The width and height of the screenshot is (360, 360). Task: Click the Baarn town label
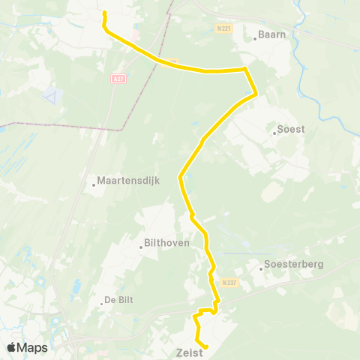[x=271, y=34]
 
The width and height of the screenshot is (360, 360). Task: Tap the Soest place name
[x=289, y=130]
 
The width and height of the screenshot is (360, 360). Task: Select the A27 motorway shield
[x=120, y=76]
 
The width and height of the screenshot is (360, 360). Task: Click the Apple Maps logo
[x=27, y=347]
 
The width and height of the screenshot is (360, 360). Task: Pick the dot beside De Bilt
[x=102, y=304]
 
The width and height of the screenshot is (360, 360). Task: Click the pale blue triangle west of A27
[x=50, y=96]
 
